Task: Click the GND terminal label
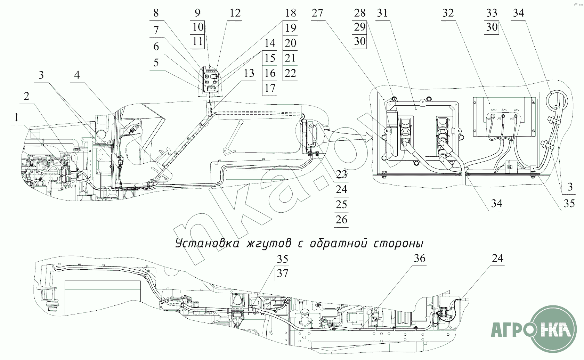pos(493,110)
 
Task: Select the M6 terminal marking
pos(500,119)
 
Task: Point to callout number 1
pos(16,118)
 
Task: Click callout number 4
pos(77,75)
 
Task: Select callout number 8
pos(156,13)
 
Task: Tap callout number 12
pos(235,13)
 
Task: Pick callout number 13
pos(249,73)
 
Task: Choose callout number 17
pos(270,88)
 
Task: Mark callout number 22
pos(290,73)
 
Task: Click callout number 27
pos(317,13)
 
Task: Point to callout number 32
pos(448,13)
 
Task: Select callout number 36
pos(420,258)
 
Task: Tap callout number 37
pos(283,273)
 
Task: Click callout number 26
pos(341,220)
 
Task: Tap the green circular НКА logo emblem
pos(556,328)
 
